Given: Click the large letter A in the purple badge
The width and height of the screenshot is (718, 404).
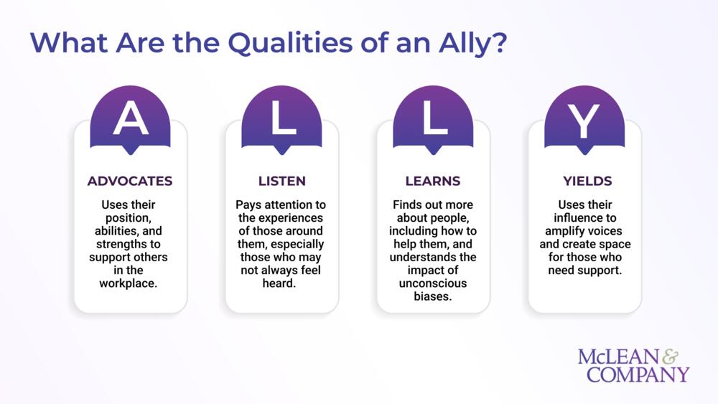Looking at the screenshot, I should tap(131, 119).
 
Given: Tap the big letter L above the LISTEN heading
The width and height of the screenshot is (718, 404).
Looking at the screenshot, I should tap(282, 119).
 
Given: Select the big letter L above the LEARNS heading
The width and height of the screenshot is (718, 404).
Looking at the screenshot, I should tap(434, 119).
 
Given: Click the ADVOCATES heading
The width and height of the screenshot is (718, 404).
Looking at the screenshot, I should tap(130, 181).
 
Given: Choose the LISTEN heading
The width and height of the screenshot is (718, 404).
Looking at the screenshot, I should tap(281, 181).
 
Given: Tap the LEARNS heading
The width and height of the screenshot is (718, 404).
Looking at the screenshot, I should tap(433, 181).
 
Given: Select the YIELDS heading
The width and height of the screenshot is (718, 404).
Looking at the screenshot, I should tap(584, 181).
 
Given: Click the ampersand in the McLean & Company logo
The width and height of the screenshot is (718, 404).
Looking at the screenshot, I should tap(673, 357).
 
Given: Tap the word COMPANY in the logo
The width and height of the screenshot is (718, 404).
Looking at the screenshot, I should tap(638, 374).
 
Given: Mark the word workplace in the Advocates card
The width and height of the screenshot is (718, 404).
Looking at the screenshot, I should tap(130, 283).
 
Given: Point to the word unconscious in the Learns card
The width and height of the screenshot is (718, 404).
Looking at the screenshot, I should tap(433, 283).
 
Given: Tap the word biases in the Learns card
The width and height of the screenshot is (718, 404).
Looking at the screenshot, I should tap(433, 296).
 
